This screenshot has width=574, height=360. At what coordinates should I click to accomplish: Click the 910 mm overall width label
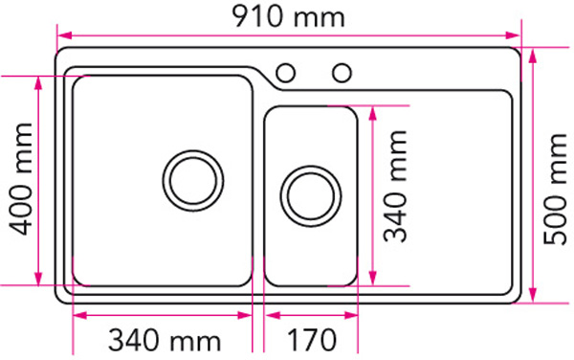(288, 16)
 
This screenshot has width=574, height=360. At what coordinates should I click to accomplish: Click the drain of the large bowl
(194, 178)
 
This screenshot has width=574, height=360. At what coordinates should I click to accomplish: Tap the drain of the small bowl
(310, 194)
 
